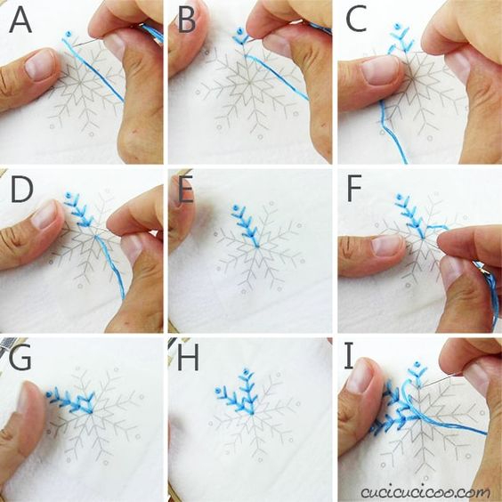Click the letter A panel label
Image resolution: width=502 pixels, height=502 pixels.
(20, 21)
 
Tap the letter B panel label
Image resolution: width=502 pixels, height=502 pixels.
(187, 21)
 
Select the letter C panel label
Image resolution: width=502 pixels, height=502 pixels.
(356, 20)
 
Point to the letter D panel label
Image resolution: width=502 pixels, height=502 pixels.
(21, 190)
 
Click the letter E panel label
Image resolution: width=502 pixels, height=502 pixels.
(186, 190)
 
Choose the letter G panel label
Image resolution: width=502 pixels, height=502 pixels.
(20, 358)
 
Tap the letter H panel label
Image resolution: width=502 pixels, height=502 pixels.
(188, 358)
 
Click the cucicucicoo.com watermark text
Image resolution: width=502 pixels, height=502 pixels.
(425, 491)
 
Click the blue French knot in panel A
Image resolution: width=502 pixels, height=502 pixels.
(68, 34)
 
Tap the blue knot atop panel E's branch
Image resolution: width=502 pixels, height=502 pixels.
(236, 207)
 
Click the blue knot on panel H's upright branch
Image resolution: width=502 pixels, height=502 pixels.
(246, 372)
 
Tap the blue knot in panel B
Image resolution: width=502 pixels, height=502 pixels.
(239, 31)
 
